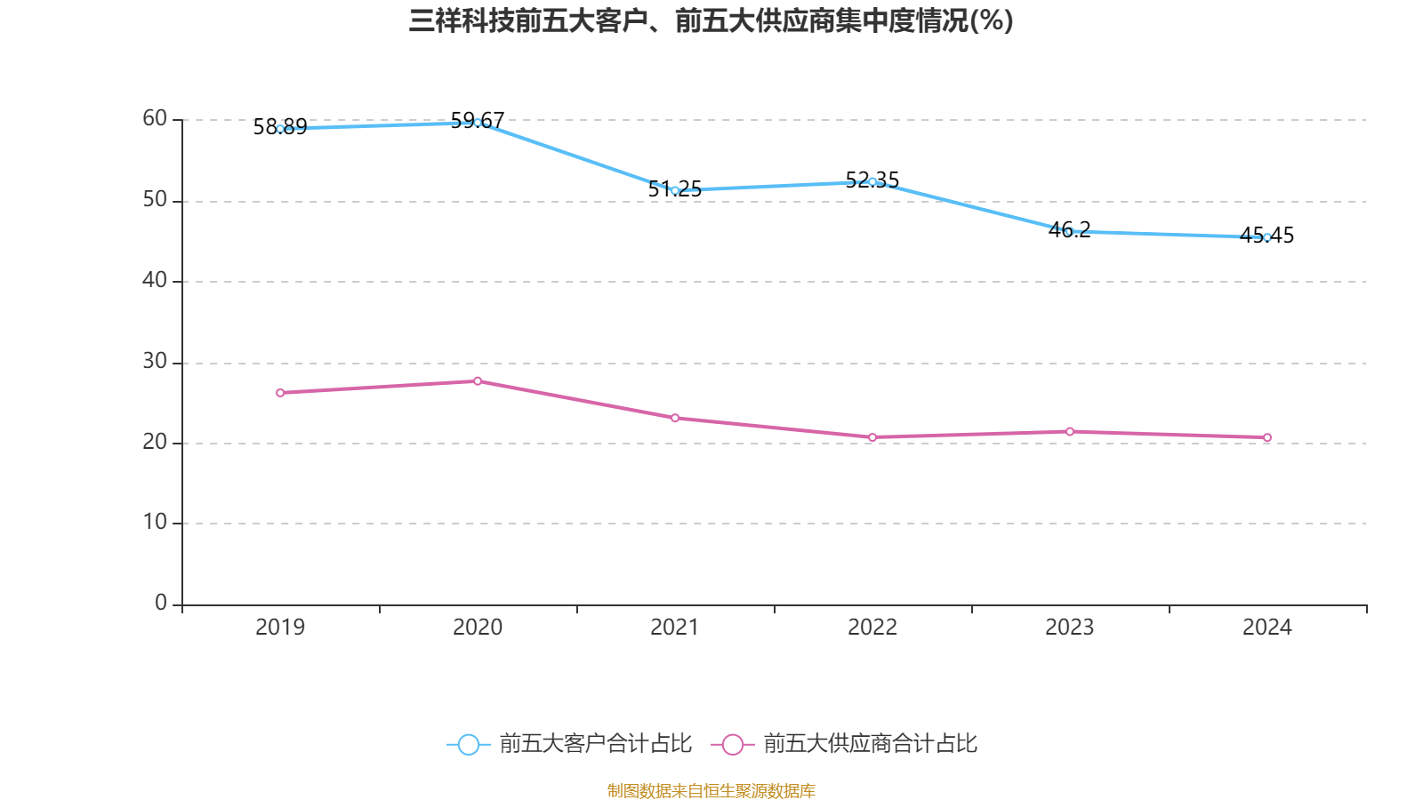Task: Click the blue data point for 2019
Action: click(x=280, y=129)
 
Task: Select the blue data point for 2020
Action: click(x=478, y=123)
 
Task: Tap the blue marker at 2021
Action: click(x=675, y=190)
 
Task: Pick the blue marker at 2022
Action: click(x=872, y=181)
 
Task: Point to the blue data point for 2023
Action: click(x=1070, y=231)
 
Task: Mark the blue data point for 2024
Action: click(x=1267, y=237)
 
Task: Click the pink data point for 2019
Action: click(x=280, y=393)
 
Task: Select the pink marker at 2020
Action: click(x=478, y=381)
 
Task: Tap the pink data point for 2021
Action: click(x=675, y=418)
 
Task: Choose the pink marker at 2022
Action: click(x=872, y=437)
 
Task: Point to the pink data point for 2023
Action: click(x=1070, y=432)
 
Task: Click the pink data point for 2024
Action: click(x=1267, y=437)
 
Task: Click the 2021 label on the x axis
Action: click(x=675, y=628)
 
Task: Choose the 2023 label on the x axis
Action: click(x=1070, y=628)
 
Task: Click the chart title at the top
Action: click(x=711, y=20)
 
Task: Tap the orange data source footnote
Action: click(x=711, y=790)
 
